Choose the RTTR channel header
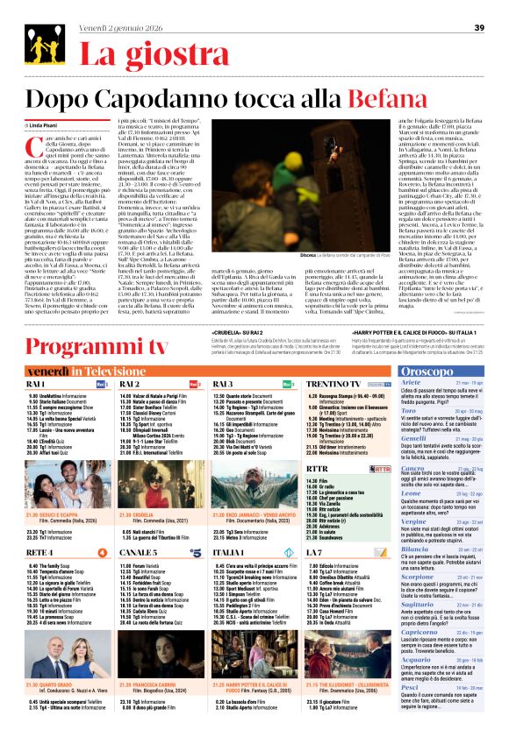click(319, 469)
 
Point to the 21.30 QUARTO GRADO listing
click(53, 659)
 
